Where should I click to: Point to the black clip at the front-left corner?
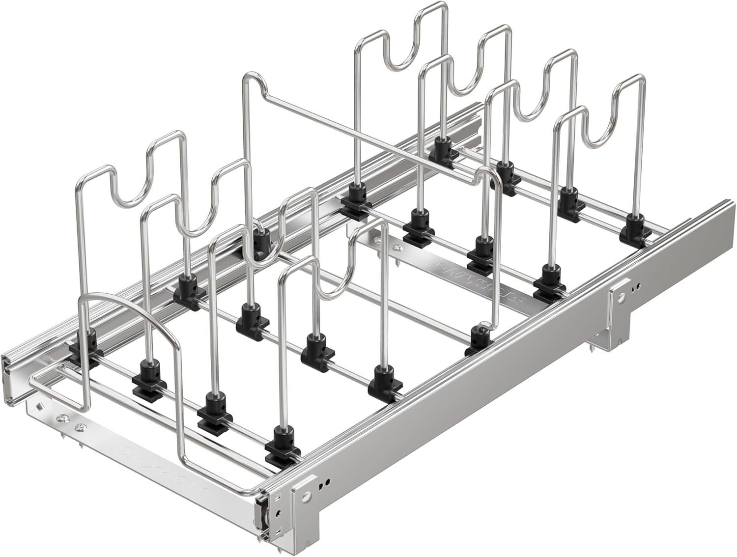click(81, 347)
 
